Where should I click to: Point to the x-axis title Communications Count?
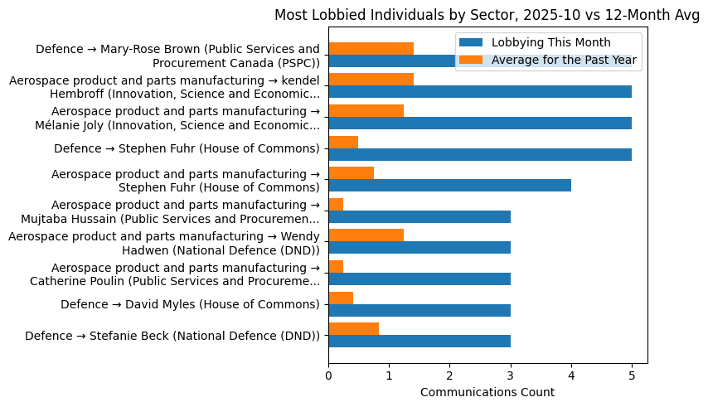487,392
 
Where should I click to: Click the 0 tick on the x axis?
329,375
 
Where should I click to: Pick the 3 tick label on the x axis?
511,375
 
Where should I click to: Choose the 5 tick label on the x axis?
632,375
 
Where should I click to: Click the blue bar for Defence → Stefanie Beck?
419,341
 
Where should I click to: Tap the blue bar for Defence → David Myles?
419,310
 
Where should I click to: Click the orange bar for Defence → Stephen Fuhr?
343,142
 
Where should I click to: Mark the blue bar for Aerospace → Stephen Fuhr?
450,186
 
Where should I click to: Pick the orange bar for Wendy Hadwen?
366,235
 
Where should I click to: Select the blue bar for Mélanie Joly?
480,124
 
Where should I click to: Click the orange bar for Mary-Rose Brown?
371,48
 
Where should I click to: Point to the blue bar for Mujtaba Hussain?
419,216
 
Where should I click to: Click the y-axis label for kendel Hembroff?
164,87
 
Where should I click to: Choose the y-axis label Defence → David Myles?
190,305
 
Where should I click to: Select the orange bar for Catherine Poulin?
336,266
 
